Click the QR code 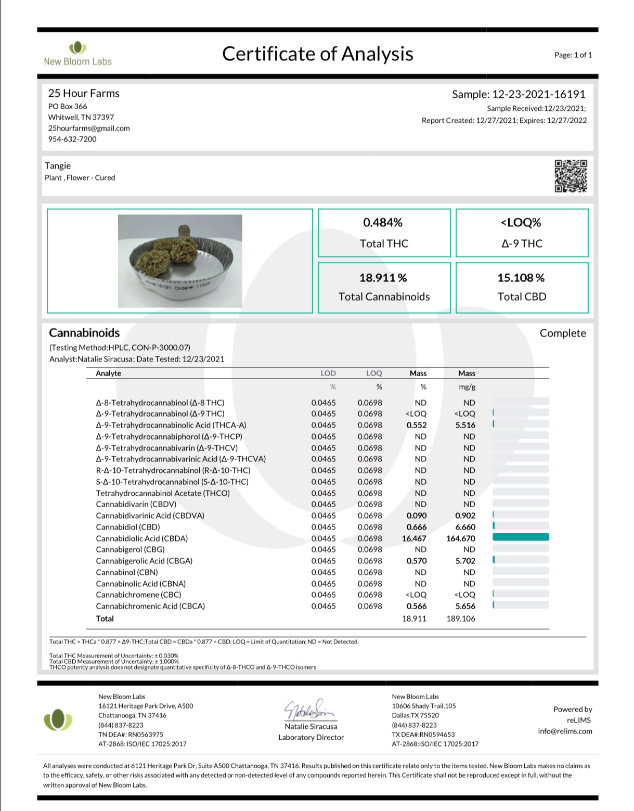pos(571,176)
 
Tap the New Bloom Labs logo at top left pos(77,54)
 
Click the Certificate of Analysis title pos(317,54)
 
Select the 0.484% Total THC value pos(383,223)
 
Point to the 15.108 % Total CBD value pos(521,278)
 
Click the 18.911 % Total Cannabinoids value pos(383,278)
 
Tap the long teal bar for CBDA pos(520,537)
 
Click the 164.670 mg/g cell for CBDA pos(460,538)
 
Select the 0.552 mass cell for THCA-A pos(416,425)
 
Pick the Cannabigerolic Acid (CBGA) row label pos(144,561)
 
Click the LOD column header pos(328,373)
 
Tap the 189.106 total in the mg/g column pos(460,619)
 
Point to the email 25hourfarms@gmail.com pos(89,128)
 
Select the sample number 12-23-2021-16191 pos(538,94)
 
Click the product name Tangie pos(58,165)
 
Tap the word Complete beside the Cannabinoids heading pos(562,333)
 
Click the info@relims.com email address pos(565,731)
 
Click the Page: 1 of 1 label pos(573,55)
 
